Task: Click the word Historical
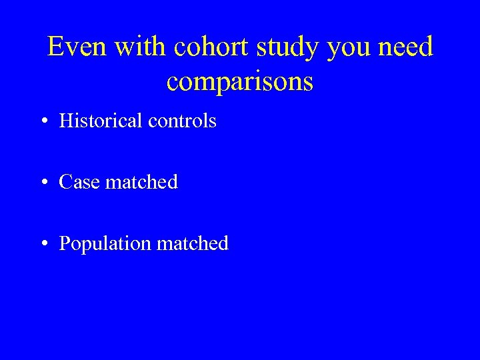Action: click(x=101, y=121)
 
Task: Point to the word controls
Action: click(x=182, y=121)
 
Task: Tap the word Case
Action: click(x=78, y=182)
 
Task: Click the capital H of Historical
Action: click(x=65, y=121)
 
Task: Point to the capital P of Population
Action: click(x=64, y=243)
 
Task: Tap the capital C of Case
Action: click(x=65, y=182)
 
